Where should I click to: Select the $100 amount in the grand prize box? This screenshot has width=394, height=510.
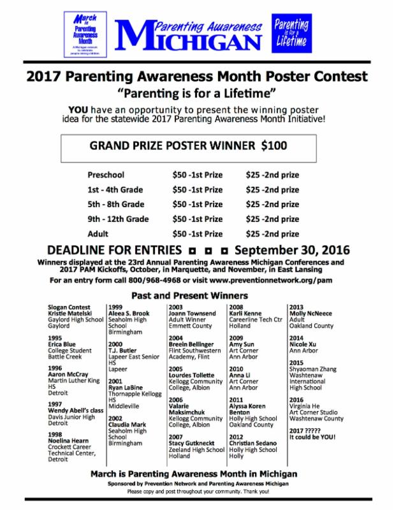tap(274, 145)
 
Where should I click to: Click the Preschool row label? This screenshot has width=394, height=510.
tap(106, 175)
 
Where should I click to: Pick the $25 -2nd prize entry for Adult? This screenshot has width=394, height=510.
tap(272, 234)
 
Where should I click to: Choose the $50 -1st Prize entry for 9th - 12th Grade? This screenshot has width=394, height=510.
tap(198, 219)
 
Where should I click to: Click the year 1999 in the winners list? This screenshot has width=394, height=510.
tap(117, 307)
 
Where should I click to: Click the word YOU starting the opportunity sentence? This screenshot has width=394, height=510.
tap(86, 108)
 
